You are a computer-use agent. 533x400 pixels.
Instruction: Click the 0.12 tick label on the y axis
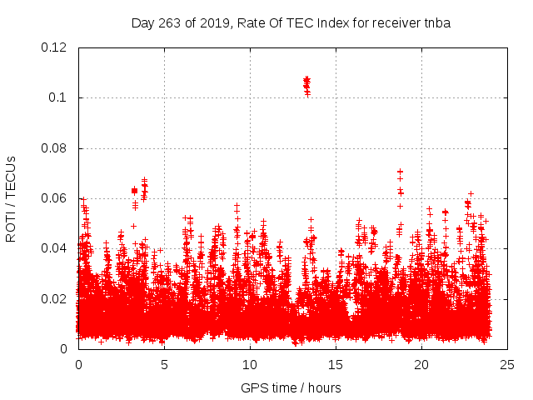[x=54, y=47]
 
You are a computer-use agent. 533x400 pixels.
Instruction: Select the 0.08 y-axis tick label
[x=54, y=148]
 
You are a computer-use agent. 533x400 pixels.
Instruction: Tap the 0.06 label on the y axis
[x=54, y=198]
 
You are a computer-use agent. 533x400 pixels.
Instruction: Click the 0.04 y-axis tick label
[x=54, y=248]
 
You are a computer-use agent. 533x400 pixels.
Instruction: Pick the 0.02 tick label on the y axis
[x=54, y=298]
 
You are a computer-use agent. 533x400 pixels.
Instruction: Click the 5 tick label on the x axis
[x=164, y=364]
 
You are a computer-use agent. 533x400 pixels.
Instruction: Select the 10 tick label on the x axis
[x=250, y=364]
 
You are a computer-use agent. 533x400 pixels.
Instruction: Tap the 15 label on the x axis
[x=336, y=364]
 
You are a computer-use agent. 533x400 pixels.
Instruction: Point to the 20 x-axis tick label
[x=421, y=364]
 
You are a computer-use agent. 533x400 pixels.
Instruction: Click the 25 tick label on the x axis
[x=507, y=364]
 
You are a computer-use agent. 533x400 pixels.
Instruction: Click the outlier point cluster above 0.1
[x=306, y=84]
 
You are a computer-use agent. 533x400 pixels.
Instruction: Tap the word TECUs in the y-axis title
[x=11, y=172]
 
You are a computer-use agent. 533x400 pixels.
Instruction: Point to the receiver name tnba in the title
[x=436, y=22]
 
